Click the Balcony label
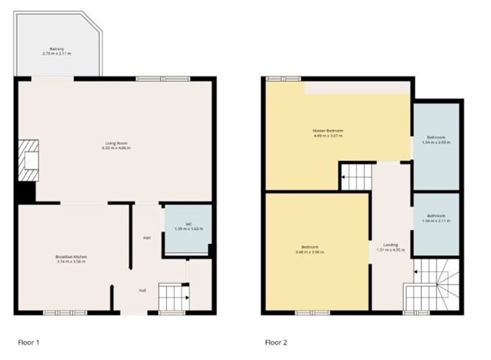click(x=57, y=51)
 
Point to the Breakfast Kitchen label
click(x=71, y=258)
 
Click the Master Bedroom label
click(x=328, y=134)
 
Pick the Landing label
click(x=390, y=247)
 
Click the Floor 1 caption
click(x=28, y=342)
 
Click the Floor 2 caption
click(x=276, y=342)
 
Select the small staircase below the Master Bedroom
click(x=355, y=176)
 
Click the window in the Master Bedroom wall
click(x=278, y=79)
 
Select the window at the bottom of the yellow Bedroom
click(x=303, y=312)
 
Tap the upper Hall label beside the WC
click(x=147, y=237)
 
